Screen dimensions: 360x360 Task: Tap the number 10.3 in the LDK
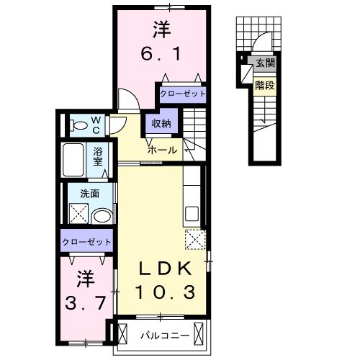coord(164,292)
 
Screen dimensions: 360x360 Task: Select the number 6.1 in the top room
coord(161,53)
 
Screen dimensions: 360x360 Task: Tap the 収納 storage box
coord(161,123)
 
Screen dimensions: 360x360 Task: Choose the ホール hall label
coord(162,150)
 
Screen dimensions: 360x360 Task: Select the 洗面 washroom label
coord(90,193)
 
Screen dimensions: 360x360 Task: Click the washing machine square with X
coord(78,214)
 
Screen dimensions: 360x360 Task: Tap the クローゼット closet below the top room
coord(183,94)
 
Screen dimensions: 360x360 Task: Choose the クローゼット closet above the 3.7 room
coord(86,242)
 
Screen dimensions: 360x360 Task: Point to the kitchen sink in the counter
coord(192,214)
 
